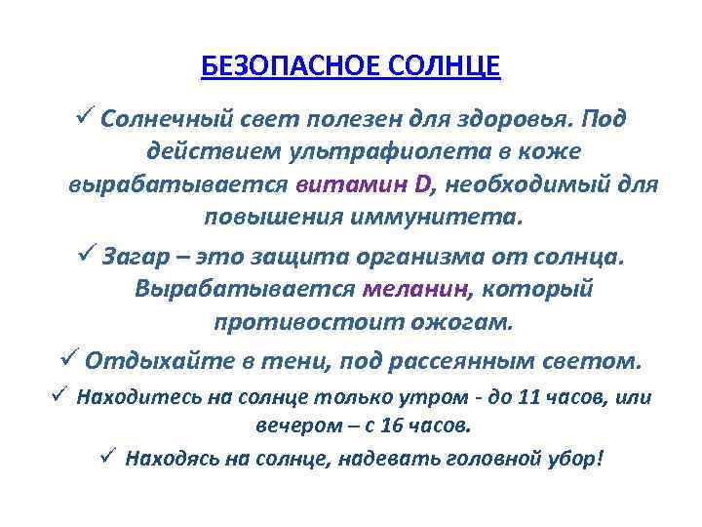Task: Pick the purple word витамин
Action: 345,184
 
